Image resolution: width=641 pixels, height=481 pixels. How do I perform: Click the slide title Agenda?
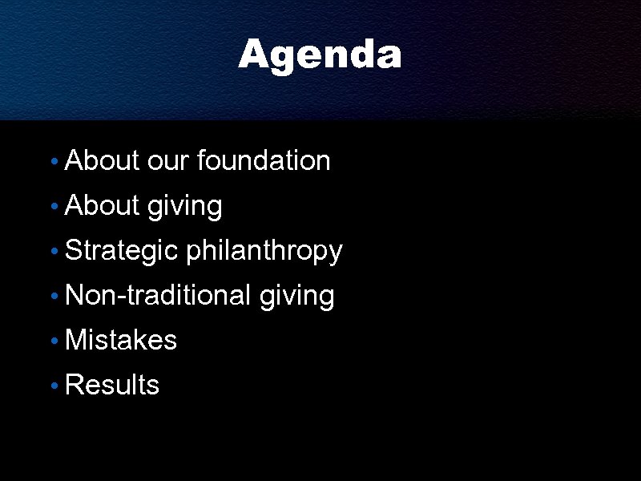point(320,55)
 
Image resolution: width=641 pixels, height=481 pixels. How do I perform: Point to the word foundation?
point(263,160)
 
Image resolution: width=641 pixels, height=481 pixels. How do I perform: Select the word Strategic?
point(121,251)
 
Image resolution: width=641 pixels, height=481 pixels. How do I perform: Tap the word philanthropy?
point(264,251)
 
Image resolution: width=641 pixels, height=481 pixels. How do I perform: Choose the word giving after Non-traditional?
point(296,297)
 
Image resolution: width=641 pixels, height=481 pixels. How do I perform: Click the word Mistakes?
point(120,340)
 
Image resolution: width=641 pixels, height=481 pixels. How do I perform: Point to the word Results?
point(112,385)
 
